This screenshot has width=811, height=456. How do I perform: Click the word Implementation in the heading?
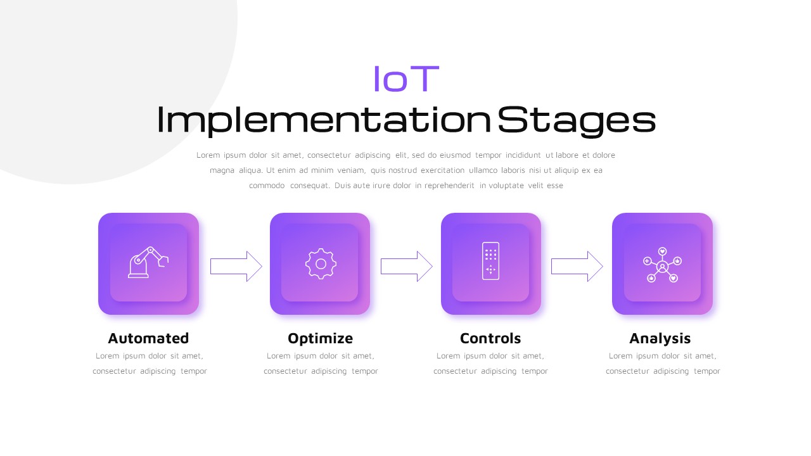[324, 120]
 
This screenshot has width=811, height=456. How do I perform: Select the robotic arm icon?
[148, 262]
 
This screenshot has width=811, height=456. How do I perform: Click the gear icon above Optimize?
[321, 264]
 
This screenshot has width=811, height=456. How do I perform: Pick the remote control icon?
[490, 261]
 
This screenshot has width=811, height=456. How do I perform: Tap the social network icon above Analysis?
[662, 265]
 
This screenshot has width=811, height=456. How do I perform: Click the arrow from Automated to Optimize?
[236, 267]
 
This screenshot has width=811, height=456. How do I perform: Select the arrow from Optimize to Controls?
[407, 267]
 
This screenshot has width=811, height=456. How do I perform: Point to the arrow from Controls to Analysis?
[577, 267]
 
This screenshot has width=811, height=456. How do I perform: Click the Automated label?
[148, 338]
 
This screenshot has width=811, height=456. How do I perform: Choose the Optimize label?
[321, 339]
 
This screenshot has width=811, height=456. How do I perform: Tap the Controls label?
[490, 338]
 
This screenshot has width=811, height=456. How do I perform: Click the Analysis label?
[660, 339]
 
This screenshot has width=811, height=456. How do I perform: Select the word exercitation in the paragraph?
[442, 170]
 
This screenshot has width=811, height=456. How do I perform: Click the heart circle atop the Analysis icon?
[662, 251]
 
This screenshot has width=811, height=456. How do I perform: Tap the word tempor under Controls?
[534, 371]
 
